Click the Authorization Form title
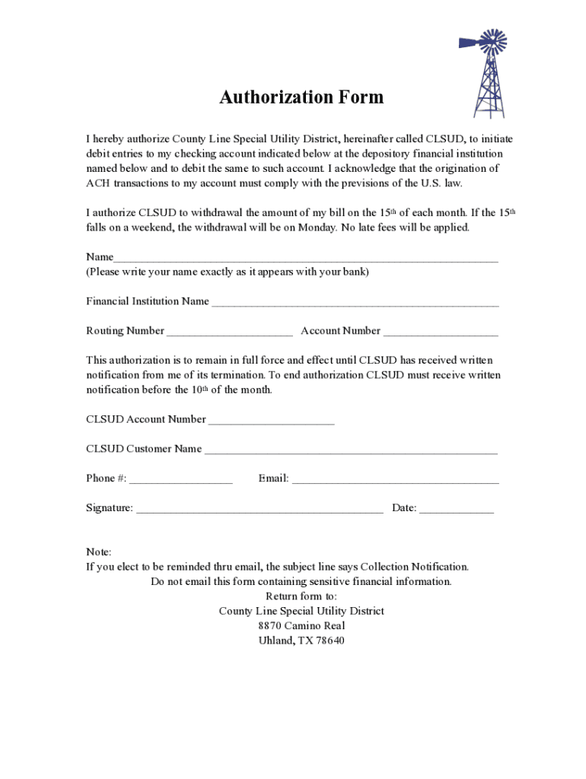pos(301,97)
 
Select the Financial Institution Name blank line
pos(355,303)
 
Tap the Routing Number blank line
pos(229,332)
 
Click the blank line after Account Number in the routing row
pos(441,332)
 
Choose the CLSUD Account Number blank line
pos(271,421)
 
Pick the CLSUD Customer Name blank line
pos(351,450)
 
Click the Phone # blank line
pos(180,480)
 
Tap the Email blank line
pos(396,480)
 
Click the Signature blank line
pos(259,510)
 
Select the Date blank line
pos(457,510)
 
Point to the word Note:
pos(99,552)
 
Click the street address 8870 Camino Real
pos(301,625)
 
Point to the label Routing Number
pos(125,331)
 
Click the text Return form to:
pos(301,596)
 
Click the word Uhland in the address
pos(275,641)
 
